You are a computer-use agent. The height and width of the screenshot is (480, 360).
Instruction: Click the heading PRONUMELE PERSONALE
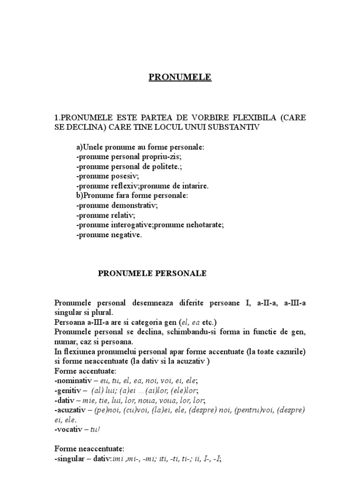coord(152,273)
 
